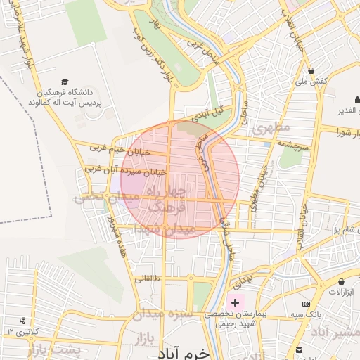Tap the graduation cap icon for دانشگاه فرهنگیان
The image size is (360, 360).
tap(65, 82)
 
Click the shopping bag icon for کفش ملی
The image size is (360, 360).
tap(311, 70)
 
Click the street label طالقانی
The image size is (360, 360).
tap(148, 279)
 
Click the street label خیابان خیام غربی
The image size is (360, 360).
tap(117, 148)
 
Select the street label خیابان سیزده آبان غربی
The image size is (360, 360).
tap(125, 169)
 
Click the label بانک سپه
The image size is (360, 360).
tap(328, 316)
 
